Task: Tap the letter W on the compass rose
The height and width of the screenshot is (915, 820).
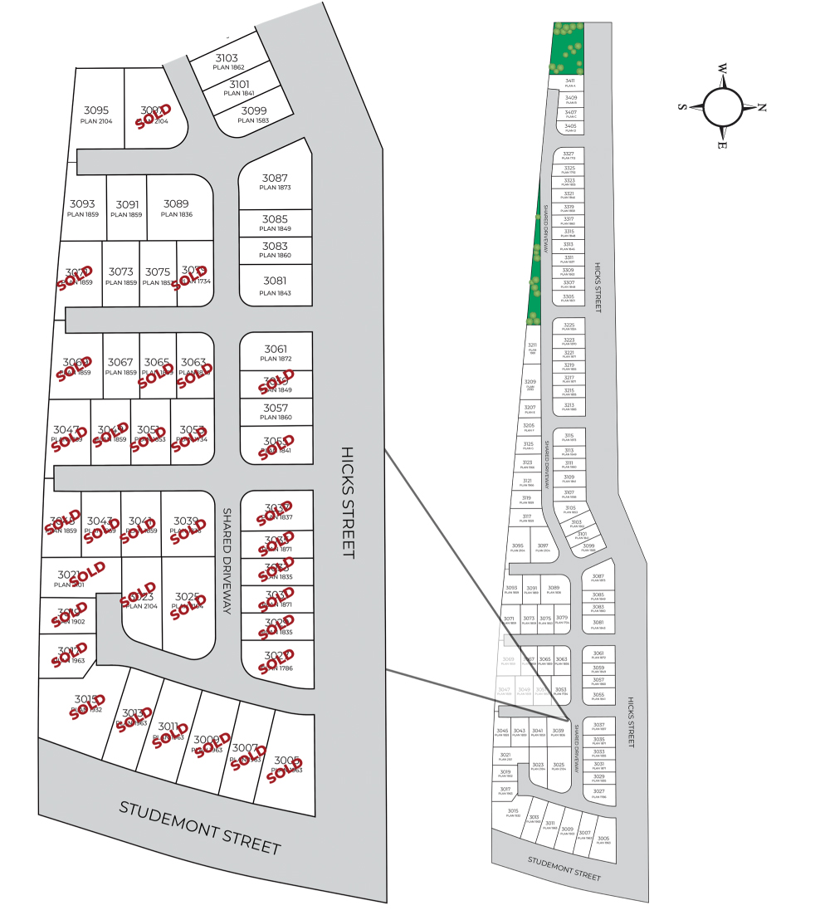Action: click(x=723, y=69)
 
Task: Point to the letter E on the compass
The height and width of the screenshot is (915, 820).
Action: click(x=723, y=145)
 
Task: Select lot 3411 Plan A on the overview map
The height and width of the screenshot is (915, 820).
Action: click(x=569, y=82)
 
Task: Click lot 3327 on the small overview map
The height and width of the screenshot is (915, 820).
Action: click(x=569, y=155)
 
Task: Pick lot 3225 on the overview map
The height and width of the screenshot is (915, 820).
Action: click(x=569, y=326)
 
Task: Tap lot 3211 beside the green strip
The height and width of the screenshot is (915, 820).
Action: click(x=533, y=348)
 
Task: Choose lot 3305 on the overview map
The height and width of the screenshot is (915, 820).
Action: click(x=569, y=298)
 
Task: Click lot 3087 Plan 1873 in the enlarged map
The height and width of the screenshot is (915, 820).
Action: click(x=275, y=183)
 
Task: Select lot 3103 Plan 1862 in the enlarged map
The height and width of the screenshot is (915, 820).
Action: click(x=227, y=62)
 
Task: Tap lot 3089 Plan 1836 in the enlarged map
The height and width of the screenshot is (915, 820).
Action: click(x=176, y=208)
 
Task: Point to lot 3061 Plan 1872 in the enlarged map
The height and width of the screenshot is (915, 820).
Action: click(x=275, y=353)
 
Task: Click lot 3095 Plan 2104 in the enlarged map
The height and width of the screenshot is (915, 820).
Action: click(x=96, y=115)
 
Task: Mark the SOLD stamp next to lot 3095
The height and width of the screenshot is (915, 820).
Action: click(x=154, y=115)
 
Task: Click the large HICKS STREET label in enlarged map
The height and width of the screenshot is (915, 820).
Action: click(x=348, y=503)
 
